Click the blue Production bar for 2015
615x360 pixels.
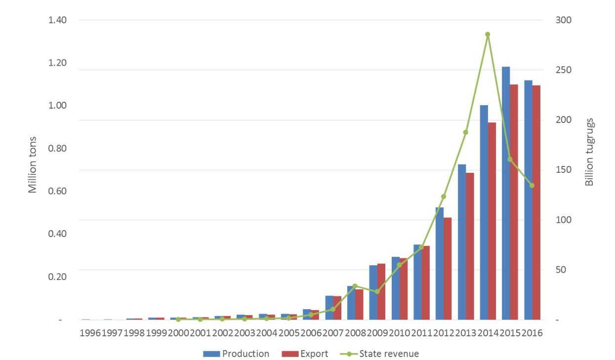tap(506, 193)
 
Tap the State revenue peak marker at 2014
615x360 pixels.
tap(488, 35)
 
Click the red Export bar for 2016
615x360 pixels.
tap(536, 202)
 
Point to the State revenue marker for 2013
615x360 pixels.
tap(465, 132)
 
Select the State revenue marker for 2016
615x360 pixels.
tap(532, 186)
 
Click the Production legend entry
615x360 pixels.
tap(236, 354)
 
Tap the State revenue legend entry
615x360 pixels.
tap(380, 354)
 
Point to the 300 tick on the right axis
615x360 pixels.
tap(552, 20)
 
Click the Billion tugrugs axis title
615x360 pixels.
tap(589, 152)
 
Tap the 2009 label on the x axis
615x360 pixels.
tap(377, 333)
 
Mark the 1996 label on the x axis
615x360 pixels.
tap(90, 333)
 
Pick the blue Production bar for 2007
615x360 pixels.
tap(329, 308)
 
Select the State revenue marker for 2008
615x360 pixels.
tap(355, 286)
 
